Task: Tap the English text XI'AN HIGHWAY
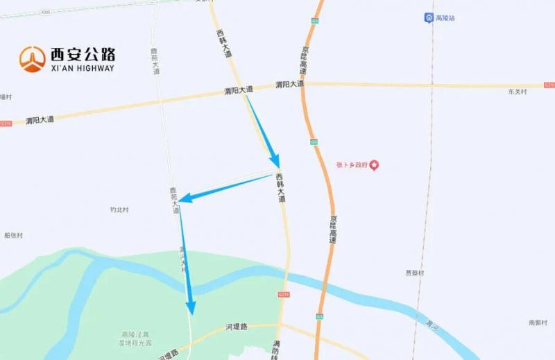click(81, 68)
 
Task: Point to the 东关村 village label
click(517, 92)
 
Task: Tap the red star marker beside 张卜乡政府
click(375, 165)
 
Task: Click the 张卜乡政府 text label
click(351, 165)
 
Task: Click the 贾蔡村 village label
click(415, 273)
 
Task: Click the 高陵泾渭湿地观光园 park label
click(136, 338)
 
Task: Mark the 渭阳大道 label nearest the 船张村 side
click(40, 120)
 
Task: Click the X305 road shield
click(46, 12)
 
